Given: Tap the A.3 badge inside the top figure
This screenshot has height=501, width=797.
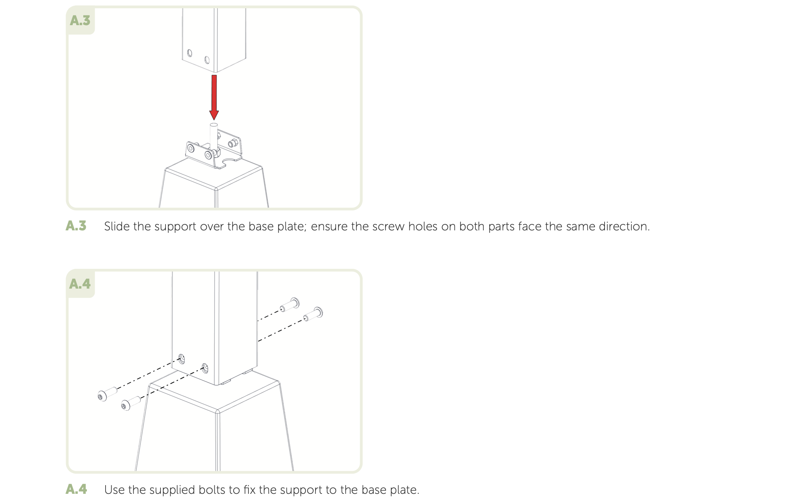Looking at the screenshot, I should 80,20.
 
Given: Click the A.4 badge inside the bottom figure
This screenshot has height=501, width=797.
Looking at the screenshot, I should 80,284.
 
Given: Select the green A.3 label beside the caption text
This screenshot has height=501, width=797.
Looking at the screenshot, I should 76,226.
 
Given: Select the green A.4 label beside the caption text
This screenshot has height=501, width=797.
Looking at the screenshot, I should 76,489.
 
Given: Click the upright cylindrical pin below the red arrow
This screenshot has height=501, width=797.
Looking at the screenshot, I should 214,137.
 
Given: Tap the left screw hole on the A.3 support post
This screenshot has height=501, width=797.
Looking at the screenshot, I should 190,53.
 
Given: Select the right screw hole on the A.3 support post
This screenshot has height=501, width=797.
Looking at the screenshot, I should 207,60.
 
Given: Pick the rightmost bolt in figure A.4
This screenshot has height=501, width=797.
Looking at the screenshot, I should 313,314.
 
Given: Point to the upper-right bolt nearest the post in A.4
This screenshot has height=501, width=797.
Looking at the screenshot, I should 290,305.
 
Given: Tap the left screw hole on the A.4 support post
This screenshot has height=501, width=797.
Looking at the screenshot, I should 182,359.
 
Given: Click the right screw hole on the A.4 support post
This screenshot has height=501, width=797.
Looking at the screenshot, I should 205,368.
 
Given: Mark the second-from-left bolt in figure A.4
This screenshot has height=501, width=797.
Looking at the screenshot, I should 131,403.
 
